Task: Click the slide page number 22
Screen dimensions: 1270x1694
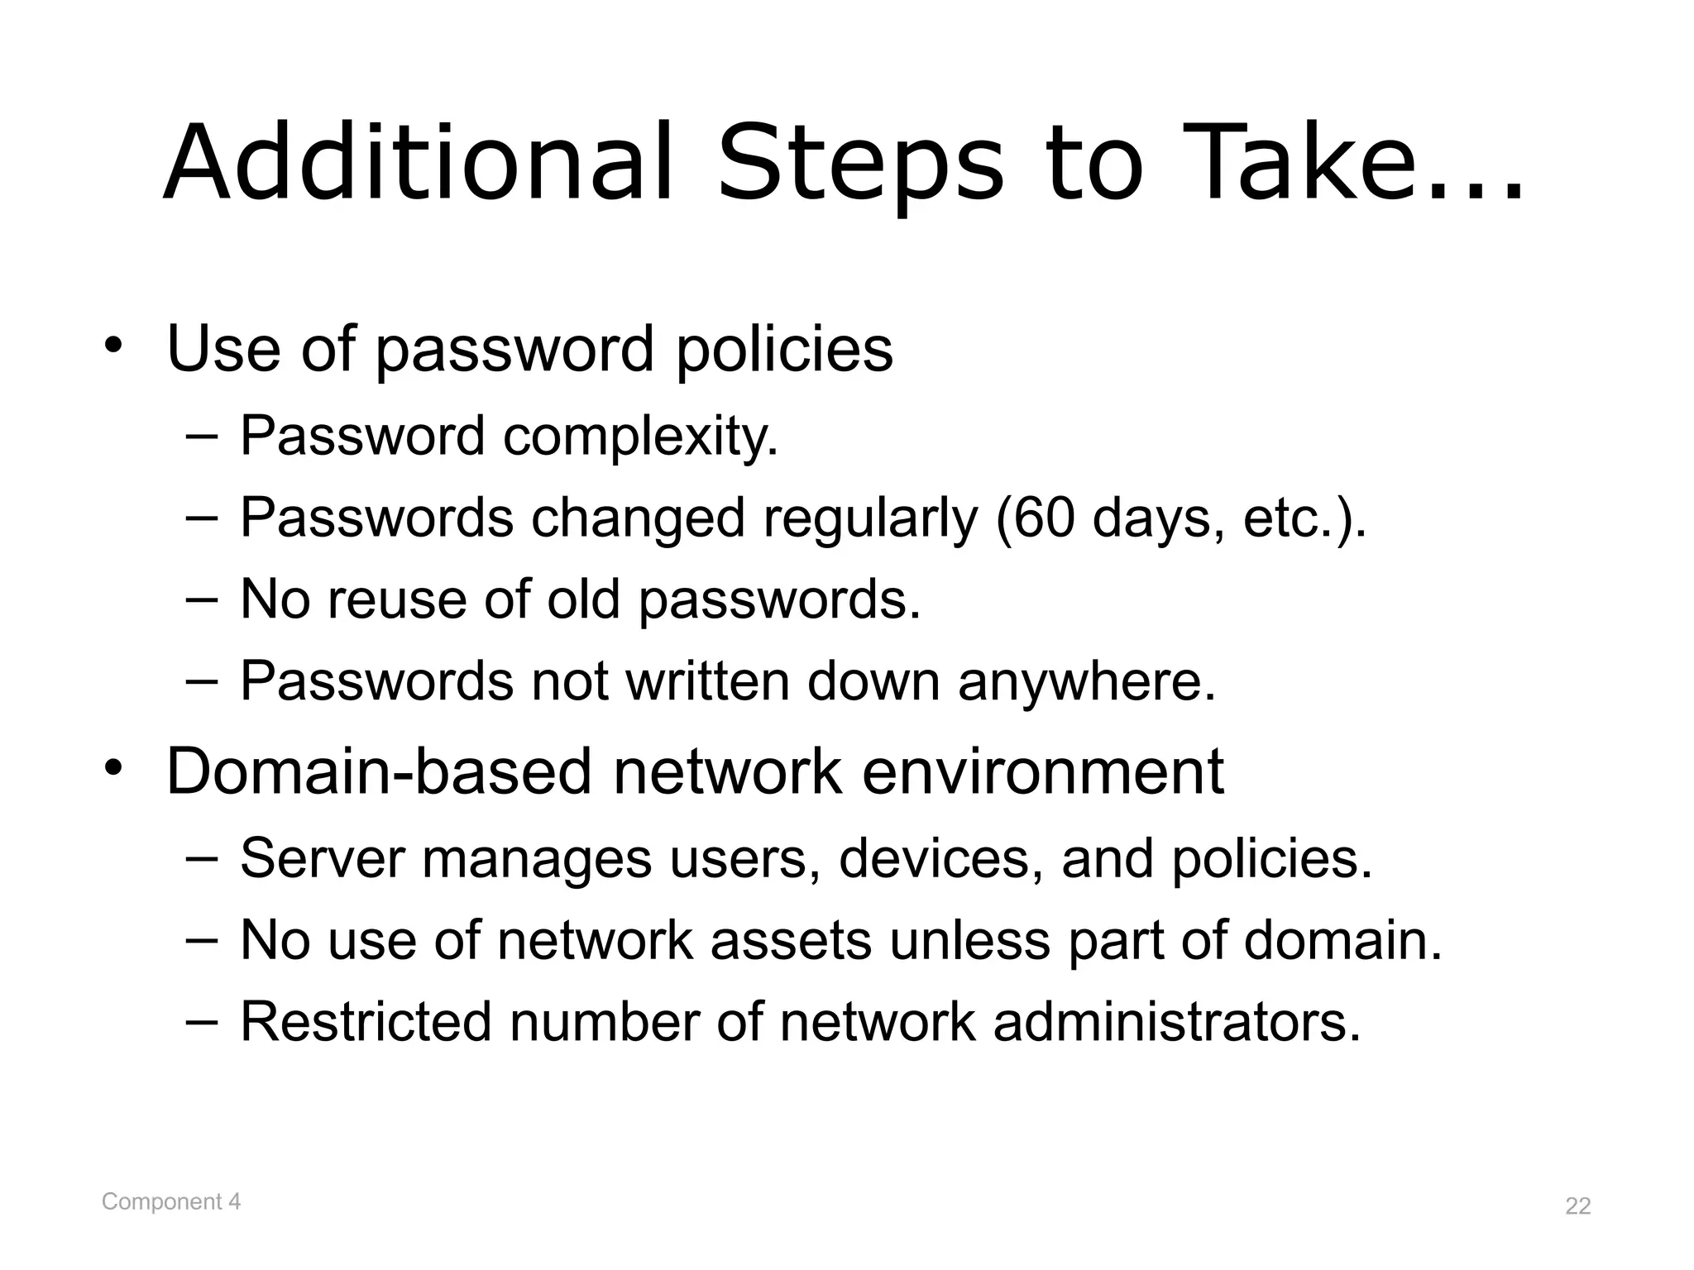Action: (1577, 1206)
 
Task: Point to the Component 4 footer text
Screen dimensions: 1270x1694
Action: (171, 1201)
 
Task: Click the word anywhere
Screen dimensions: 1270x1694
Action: (1087, 682)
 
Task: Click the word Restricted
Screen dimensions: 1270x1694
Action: (366, 1022)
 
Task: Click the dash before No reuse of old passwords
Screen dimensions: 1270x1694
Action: (202, 599)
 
